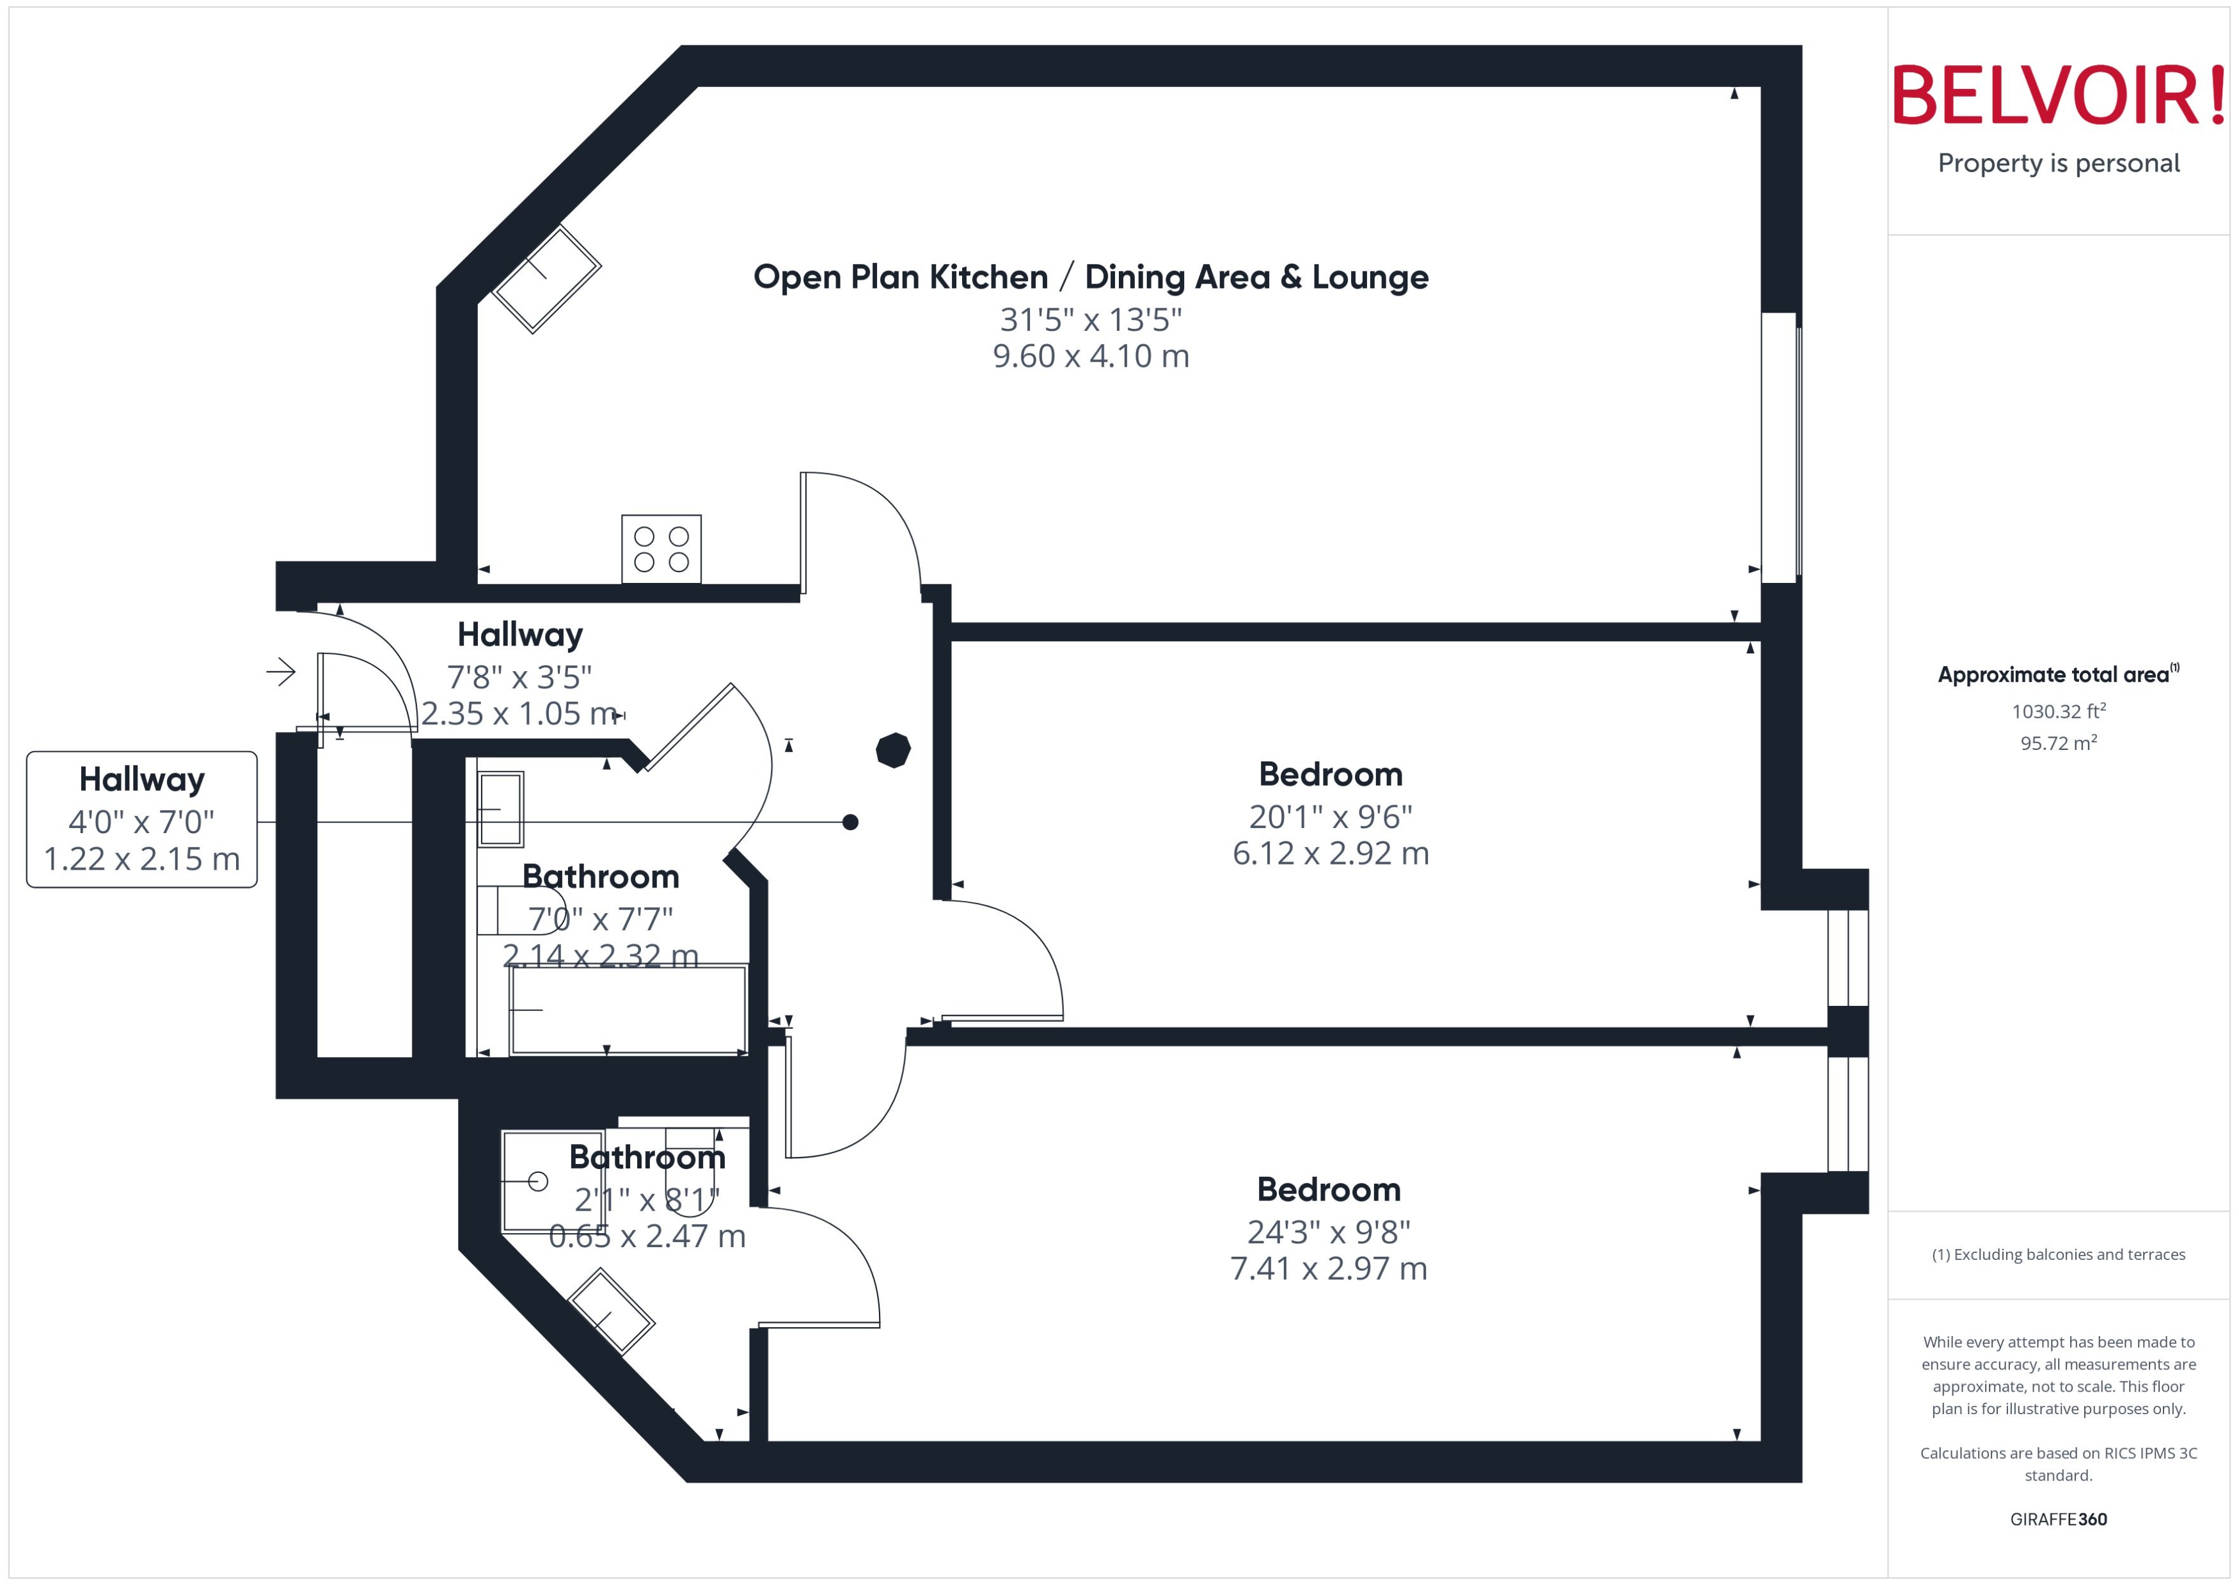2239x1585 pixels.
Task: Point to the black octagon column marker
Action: (x=892, y=749)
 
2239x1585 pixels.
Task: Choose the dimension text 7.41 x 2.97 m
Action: (x=1328, y=1269)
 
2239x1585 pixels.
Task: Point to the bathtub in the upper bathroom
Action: (x=628, y=1010)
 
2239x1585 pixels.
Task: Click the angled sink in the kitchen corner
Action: (x=546, y=279)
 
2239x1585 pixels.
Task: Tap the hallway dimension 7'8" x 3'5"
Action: (x=519, y=676)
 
